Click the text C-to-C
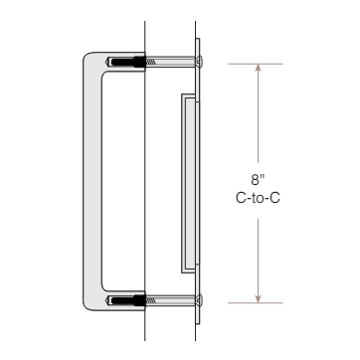[x=258, y=199]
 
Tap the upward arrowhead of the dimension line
[x=259, y=70]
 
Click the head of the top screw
[x=200, y=63]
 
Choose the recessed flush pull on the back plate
[x=186, y=183]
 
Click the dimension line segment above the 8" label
[x=259, y=119]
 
